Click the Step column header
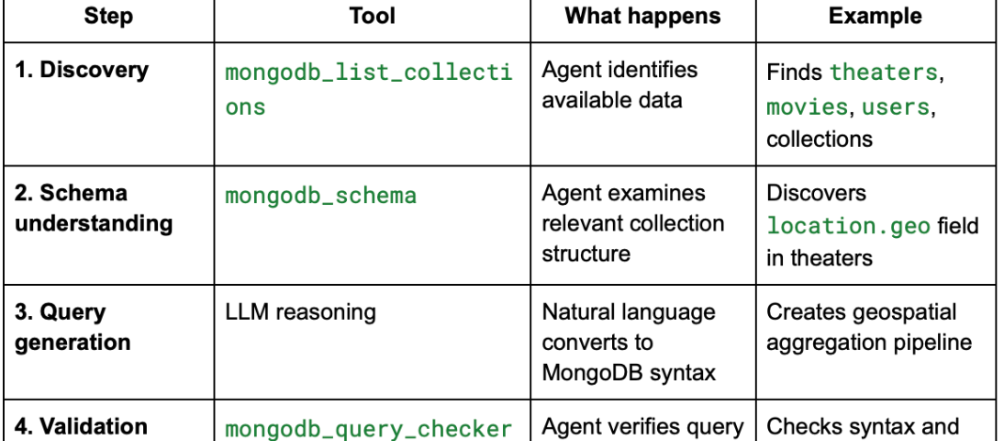109,17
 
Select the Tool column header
372,17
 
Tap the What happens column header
642,17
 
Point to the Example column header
875,17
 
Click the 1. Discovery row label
82,70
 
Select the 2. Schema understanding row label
94,208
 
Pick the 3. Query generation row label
73,327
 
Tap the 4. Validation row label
82,426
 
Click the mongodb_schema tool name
320,196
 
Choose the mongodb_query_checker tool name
368,428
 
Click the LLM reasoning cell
300,312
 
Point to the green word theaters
884,72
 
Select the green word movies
808,107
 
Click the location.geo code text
848,226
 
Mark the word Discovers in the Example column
816,194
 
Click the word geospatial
903,312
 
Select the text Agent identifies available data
619,85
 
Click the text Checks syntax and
862,426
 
